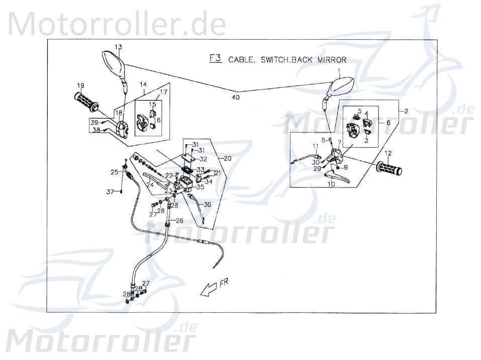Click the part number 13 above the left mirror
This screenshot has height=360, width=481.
click(x=118, y=47)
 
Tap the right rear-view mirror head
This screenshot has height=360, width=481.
click(x=341, y=88)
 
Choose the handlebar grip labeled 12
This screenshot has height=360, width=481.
click(x=390, y=168)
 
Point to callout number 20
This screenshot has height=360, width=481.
click(x=227, y=158)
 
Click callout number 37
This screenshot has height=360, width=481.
click(x=110, y=191)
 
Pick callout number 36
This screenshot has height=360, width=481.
click(x=207, y=204)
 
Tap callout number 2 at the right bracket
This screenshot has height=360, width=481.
click(x=406, y=110)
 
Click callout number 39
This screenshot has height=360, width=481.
click(x=93, y=122)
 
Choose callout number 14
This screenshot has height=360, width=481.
click(x=143, y=84)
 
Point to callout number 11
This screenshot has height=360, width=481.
click(x=315, y=146)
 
